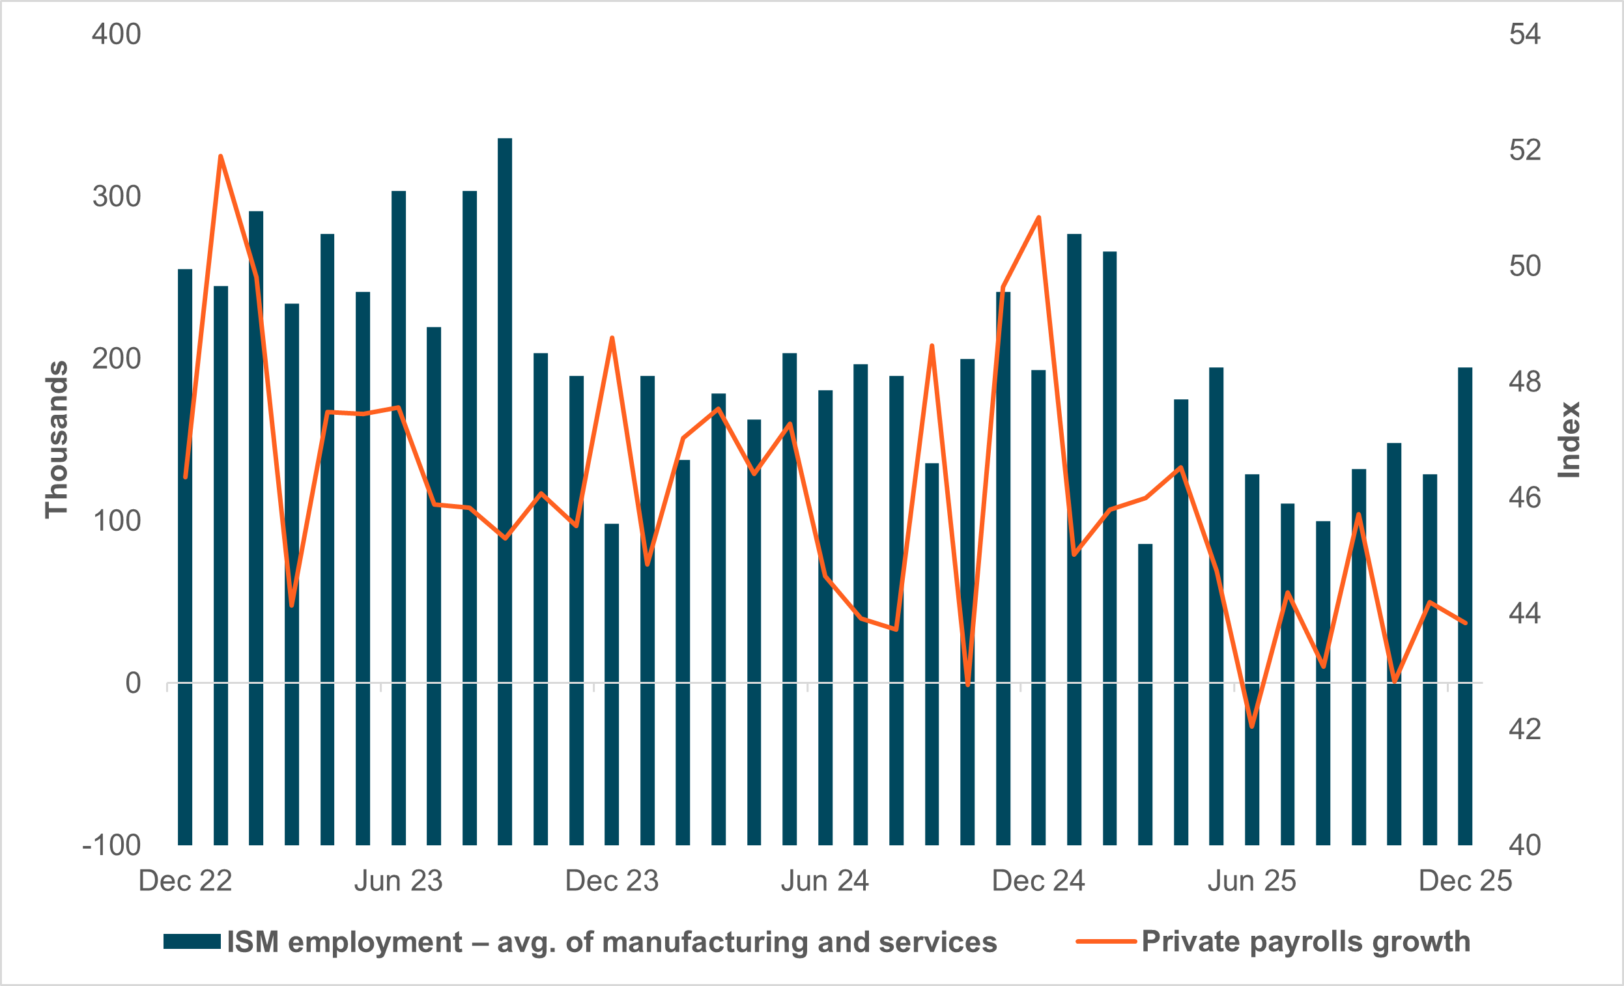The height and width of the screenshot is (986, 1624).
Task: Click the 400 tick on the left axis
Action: (x=116, y=35)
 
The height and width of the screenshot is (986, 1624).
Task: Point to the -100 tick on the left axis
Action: (x=111, y=845)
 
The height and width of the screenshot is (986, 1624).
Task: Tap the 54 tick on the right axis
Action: (x=1524, y=35)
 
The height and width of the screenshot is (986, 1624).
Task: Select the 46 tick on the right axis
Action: (x=1524, y=498)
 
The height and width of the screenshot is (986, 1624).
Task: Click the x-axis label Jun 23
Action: (x=398, y=881)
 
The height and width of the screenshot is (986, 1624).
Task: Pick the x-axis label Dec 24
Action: (x=1038, y=881)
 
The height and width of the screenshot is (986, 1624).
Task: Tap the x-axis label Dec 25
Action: (x=1464, y=881)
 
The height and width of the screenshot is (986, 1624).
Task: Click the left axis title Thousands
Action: (x=57, y=440)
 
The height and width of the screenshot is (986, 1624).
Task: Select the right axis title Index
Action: (x=1569, y=440)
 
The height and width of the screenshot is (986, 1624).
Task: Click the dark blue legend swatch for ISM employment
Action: (x=192, y=942)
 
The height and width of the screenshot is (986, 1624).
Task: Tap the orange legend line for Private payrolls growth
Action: (x=1105, y=942)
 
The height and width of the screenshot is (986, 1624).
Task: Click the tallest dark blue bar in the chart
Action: (x=505, y=461)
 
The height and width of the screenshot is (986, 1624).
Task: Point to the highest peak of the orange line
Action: (x=221, y=156)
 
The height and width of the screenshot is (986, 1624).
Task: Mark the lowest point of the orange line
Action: (x=1251, y=727)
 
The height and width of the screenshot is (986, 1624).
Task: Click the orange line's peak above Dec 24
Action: (x=1039, y=218)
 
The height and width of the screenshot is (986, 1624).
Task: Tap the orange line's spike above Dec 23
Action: (x=612, y=338)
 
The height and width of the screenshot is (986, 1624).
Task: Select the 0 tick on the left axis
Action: (x=133, y=683)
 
